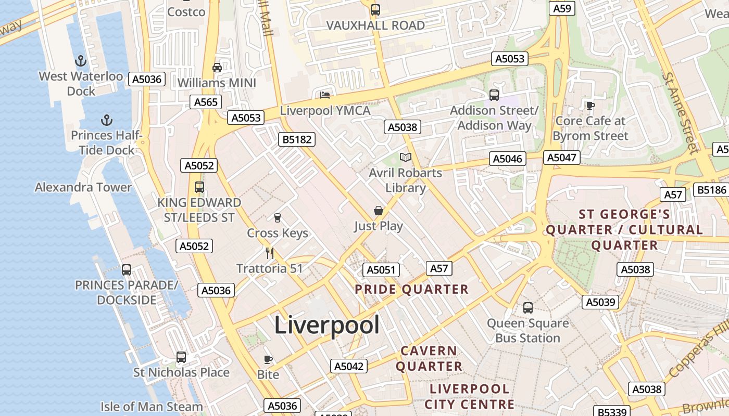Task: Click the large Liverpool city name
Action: click(326, 326)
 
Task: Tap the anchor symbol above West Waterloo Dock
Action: click(80, 61)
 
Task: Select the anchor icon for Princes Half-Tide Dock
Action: click(106, 121)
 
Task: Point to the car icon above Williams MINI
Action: click(217, 67)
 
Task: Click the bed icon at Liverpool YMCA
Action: click(325, 95)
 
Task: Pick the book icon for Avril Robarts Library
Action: click(405, 157)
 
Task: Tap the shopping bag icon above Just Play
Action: click(379, 211)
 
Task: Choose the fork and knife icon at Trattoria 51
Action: click(269, 253)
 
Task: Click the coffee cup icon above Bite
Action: click(268, 359)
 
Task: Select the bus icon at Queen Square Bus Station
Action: click(528, 307)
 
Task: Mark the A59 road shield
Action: click(562, 8)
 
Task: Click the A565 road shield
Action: click(206, 102)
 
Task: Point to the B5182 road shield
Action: click(296, 139)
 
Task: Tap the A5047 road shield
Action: click(560, 158)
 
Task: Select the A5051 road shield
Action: click(381, 270)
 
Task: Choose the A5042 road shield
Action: click(348, 366)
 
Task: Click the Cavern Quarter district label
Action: click(429, 358)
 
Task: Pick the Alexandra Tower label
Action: click(83, 187)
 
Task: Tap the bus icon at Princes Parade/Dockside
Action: click(127, 270)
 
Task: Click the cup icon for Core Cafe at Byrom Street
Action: click(590, 106)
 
